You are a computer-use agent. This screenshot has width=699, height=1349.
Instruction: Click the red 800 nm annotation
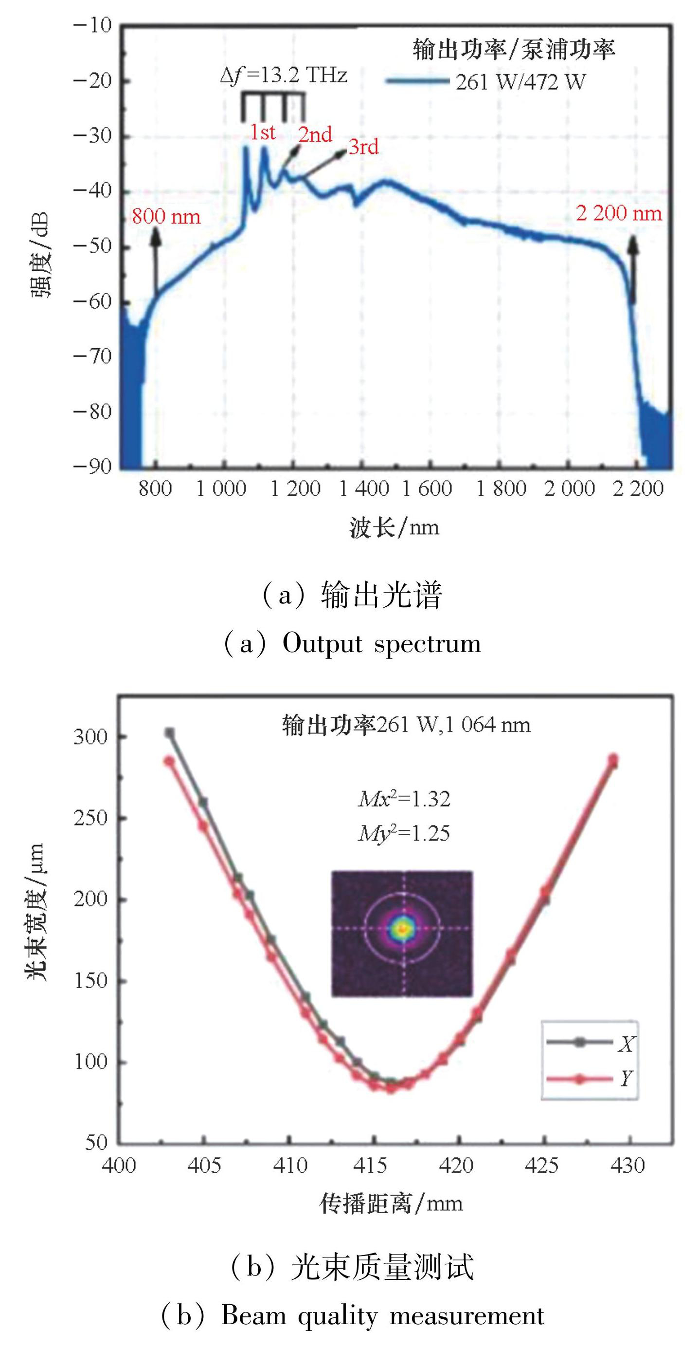pyautogui.click(x=166, y=216)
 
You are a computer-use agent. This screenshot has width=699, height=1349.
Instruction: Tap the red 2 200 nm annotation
pyautogui.click(x=619, y=213)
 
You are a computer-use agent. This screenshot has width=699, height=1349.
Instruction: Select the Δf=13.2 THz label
pyautogui.click(x=284, y=76)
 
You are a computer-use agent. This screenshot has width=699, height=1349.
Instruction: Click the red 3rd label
pyautogui.click(x=364, y=147)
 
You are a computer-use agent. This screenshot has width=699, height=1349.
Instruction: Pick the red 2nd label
pyautogui.click(x=315, y=134)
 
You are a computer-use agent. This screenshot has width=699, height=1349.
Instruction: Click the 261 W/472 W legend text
pyautogui.click(x=520, y=82)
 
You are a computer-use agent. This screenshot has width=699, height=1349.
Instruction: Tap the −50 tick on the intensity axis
pyautogui.click(x=92, y=246)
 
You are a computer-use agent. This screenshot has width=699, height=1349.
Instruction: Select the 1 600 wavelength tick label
pyautogui.click(x=427, y=488)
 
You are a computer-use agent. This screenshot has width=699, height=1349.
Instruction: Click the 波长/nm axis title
pyautogui.click(x=394, y=527)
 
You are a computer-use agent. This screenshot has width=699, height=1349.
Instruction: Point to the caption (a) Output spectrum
pyautogui.click(x=352, y=644)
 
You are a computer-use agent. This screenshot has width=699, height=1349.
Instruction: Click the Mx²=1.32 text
pyautogui.click(x=404, y=799)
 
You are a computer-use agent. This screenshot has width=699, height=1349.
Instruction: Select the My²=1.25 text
pyautogui.click(x=404, y=833)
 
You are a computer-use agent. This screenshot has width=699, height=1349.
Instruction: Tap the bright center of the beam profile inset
pyautogui.click(x=403, y=929)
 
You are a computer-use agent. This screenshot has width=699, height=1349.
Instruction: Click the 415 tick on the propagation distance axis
pyautogui.click(x=374, y=1165)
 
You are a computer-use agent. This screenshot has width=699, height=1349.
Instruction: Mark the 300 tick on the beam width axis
pyautogui.click(x=90, y=736)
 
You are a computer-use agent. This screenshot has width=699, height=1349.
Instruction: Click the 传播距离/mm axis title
pyautogui.click(x=392, y=1203)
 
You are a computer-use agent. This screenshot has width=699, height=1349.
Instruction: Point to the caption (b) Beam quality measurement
pyautogui.click(x=352, y=1316)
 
